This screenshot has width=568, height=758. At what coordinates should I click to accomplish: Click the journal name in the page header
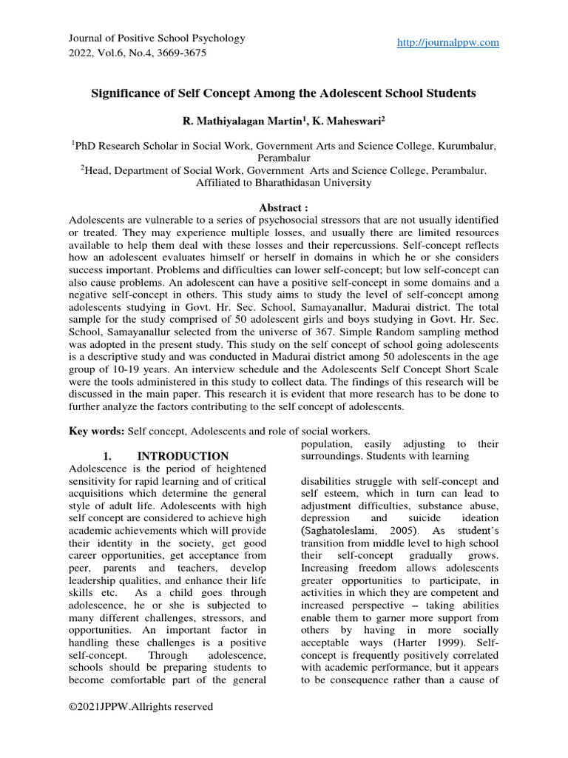point(156,38)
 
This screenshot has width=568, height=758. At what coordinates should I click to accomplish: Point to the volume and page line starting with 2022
point(137,53)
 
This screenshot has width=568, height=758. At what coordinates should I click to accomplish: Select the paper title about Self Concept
point(283,93)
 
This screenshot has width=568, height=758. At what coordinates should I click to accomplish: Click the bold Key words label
point(97,431)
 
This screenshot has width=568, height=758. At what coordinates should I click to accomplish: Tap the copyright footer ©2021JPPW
point(141,707)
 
